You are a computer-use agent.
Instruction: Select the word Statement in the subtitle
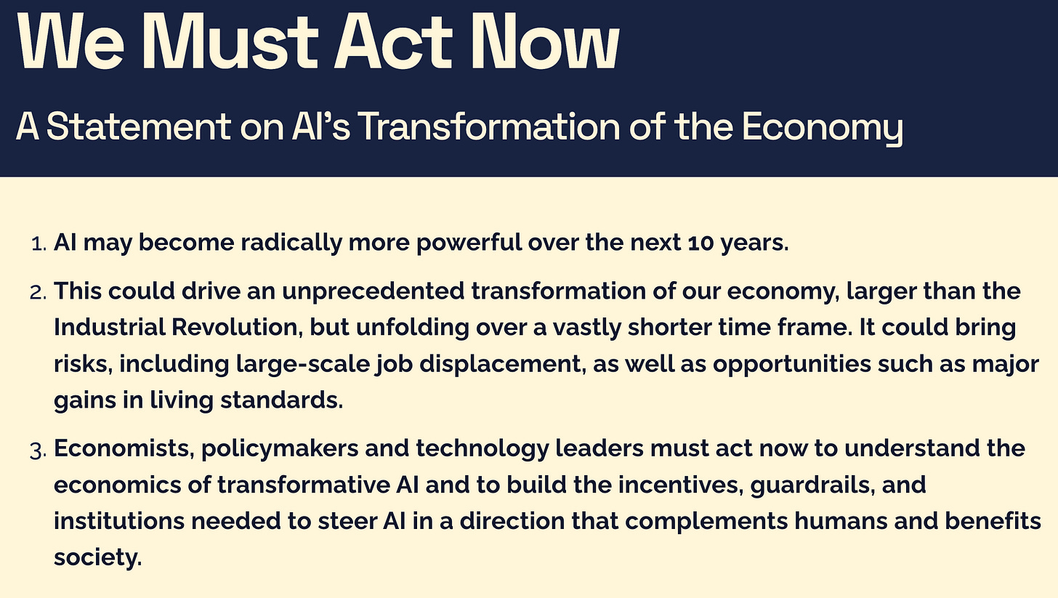tap(139, 126)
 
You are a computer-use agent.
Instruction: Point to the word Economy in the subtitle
tap(823, 128)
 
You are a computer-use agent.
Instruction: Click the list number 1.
tap(39, 243)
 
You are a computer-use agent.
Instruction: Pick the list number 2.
tap(38, 292)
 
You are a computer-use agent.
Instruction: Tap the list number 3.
tap(38, 450)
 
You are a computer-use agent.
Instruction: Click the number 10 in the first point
tap(701, 243)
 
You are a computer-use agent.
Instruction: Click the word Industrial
tap(109, 327)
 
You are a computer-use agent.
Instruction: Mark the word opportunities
tap(792, 365)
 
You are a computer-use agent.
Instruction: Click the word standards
tap(281, 400)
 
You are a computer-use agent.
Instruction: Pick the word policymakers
tap(280, 449)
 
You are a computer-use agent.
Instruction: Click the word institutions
tap(119, 521)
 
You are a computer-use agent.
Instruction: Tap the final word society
tap(98, 558)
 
